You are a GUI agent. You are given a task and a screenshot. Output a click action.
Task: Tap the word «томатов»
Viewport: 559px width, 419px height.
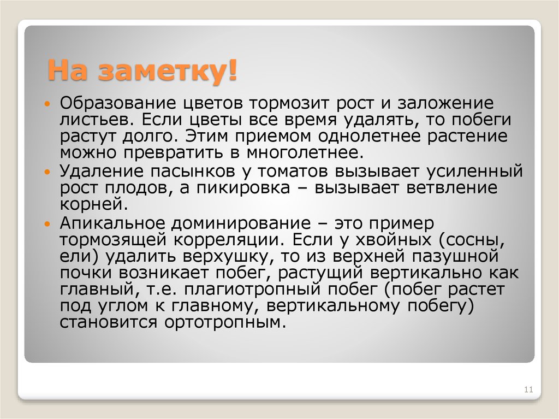point(293,172)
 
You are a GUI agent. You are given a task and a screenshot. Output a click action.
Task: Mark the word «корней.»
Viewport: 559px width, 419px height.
point(93,204)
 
